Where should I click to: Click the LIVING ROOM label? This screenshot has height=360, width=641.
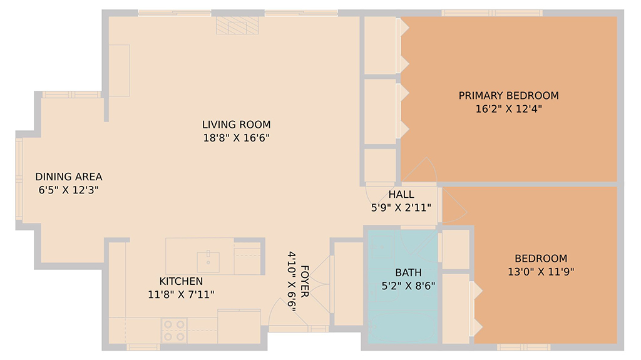tap(236, 125)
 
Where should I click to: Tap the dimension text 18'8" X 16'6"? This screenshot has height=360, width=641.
tap(236, 138)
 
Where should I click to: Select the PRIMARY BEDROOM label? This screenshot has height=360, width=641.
tap(508, 96)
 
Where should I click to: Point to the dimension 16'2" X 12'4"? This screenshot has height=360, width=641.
tap(508, 109)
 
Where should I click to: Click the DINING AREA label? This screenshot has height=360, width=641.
tap(69, 177)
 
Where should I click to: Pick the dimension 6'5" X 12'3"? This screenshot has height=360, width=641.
tap(69, 190)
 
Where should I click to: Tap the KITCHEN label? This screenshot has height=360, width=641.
tap(181, 282)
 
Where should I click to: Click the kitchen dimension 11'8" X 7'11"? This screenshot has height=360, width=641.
tap(181, 294)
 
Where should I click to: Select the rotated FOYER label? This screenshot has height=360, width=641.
tap(305, 282)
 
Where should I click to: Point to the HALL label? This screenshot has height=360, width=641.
tap(401, 194)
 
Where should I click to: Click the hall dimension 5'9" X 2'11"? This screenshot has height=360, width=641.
tap(401, 208)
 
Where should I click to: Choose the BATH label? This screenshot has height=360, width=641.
tap(408, 272)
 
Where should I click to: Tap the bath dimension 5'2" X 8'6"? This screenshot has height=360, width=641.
tap(408, 286)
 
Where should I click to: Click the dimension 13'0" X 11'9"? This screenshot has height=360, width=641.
tap(541, 272)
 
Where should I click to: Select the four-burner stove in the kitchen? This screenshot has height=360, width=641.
tap(174, 331)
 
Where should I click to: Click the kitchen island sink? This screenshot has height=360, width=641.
tap(208, 262)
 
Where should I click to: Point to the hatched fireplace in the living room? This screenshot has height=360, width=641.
tap(237, 26)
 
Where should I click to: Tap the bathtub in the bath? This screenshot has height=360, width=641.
tap(403, 327)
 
